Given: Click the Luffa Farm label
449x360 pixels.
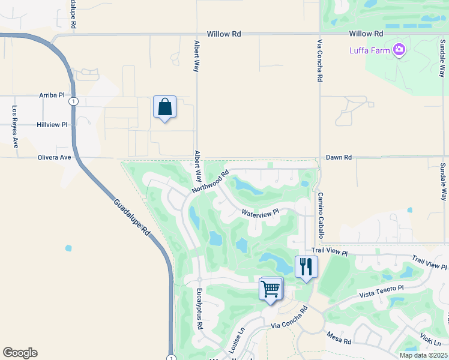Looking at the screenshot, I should (370, 50).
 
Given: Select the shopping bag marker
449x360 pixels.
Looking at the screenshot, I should (164, 107).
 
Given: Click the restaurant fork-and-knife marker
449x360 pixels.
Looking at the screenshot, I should (306, 266).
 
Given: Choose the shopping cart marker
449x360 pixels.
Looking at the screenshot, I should (271, 289).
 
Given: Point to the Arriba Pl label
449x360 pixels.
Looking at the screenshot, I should (52, 96).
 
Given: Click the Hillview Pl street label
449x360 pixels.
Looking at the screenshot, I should (52, 125).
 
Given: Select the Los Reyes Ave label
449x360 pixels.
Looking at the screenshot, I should (15, 127).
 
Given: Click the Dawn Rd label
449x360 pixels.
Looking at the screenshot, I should (339, 157).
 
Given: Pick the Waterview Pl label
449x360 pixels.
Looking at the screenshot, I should (261, 212).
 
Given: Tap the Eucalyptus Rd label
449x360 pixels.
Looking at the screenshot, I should (199, 308).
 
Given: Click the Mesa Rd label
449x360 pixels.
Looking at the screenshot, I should (339, 338).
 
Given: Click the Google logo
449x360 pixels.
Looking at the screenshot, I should (20, 353).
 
